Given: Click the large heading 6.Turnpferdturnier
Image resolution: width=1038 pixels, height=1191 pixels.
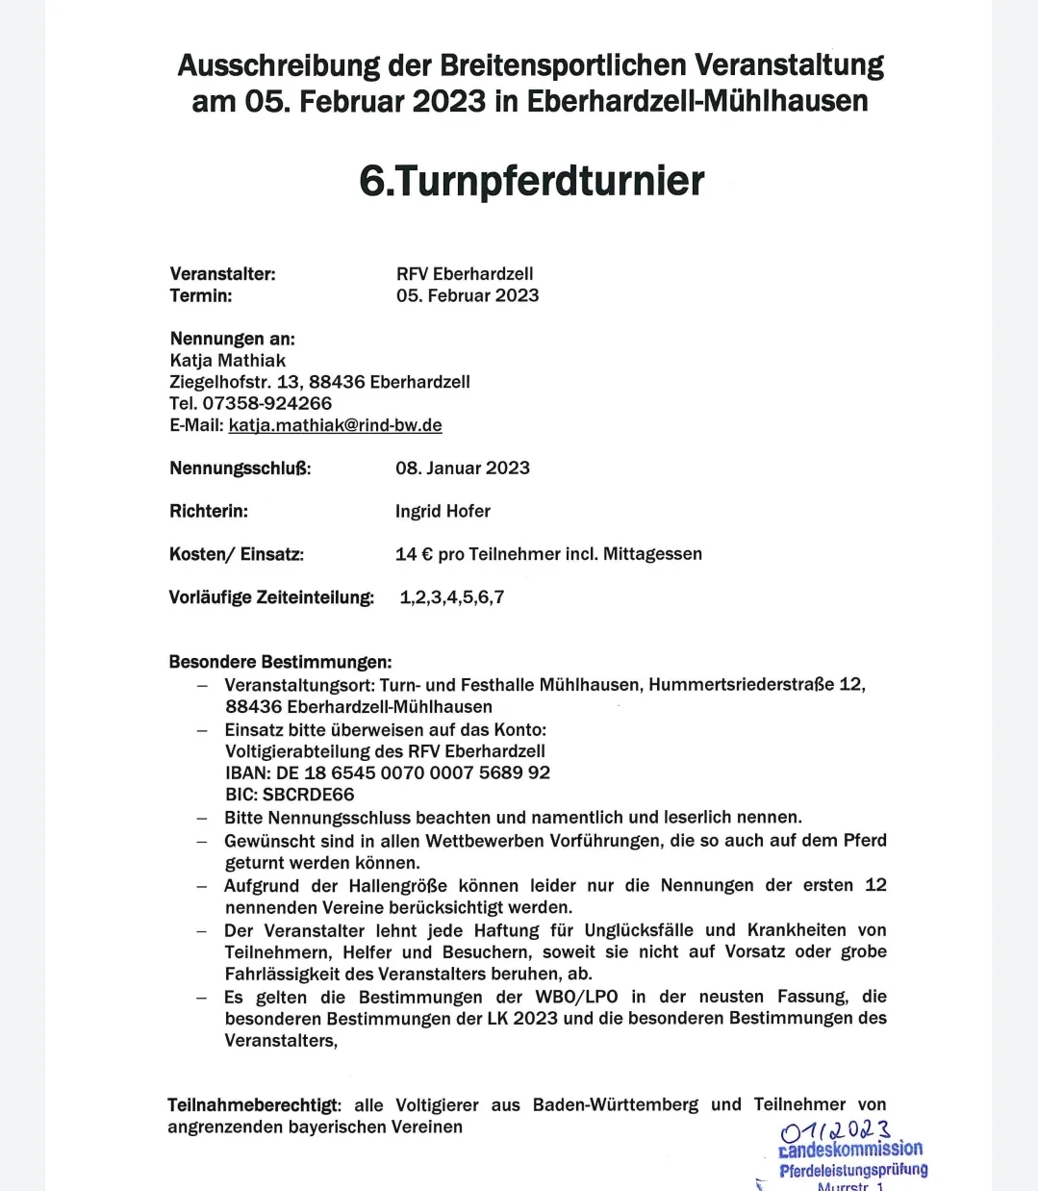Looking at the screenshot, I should (531, 181).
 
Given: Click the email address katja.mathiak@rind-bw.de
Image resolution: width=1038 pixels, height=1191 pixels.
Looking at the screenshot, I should (335, 425).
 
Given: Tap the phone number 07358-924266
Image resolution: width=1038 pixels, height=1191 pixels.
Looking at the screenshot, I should (266, 403).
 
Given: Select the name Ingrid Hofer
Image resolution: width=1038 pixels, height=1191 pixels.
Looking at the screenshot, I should (443, 511).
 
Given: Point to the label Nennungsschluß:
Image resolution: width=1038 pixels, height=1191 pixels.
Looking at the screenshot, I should (240, 469).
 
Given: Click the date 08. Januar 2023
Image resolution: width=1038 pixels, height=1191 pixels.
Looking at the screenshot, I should (463, 469).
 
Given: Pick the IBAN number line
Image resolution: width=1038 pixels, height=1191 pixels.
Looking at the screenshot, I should (388, 773).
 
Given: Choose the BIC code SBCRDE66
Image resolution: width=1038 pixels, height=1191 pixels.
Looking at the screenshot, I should (290, 795).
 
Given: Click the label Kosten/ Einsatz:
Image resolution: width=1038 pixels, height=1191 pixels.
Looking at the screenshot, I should (236, 554).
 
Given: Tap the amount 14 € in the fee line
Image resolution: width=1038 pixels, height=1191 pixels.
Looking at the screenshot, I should (414, 554).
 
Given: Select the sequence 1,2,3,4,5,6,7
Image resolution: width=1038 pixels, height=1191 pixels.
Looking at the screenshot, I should (451, 597).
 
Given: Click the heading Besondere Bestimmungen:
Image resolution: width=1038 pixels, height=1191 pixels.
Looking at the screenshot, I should (280, 662).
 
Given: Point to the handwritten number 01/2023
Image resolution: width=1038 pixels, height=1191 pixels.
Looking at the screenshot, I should (836, 1130).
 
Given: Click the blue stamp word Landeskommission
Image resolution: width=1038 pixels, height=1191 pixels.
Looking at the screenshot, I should (850, 1149).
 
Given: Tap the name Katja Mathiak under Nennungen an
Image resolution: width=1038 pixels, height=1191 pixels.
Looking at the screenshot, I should (228, 361).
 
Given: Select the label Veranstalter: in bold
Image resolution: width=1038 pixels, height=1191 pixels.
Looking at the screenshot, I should (222, 274).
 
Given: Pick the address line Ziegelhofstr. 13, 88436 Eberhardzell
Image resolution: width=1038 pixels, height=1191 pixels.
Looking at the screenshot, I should (319, 382).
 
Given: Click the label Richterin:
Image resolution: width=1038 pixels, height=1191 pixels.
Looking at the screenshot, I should (208, 511).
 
